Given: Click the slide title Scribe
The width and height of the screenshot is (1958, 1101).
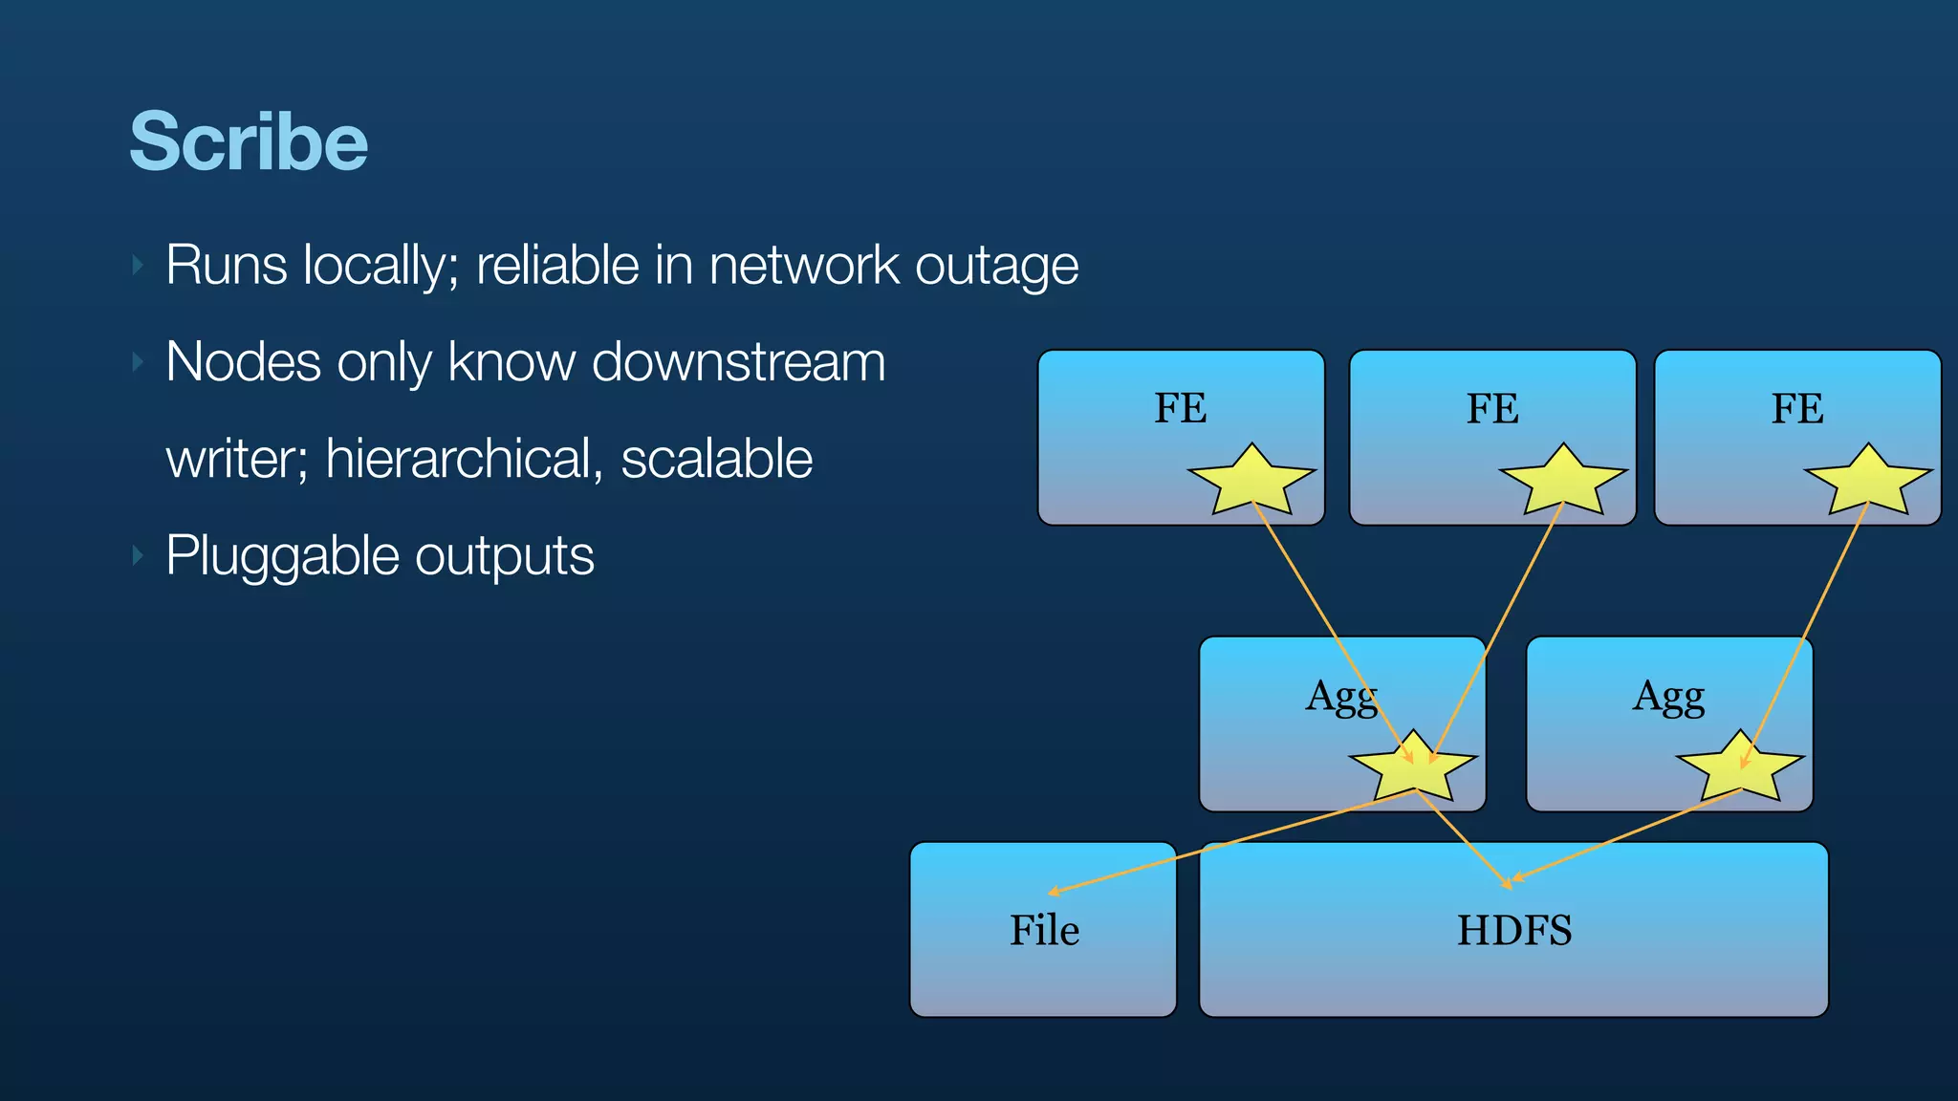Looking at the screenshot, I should [249, 141].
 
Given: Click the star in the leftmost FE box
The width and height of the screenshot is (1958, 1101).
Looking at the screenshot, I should [1251, 482].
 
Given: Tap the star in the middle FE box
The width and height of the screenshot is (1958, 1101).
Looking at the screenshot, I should [1563, 482].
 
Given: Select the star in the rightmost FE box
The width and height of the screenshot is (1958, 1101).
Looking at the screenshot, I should [1868, 482].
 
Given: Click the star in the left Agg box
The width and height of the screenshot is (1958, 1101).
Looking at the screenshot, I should [1413, 768].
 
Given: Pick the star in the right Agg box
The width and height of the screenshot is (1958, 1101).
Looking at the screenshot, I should [1740, 768].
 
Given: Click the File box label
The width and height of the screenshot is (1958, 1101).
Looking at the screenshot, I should [1044, 930].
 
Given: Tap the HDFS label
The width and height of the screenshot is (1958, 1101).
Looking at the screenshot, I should [1514, 930].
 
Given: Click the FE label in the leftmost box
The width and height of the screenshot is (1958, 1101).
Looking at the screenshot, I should [1181, 408].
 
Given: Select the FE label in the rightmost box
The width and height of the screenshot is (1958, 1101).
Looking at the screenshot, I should [1797, 408].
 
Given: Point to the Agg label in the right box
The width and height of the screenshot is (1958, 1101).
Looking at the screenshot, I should [1668, 697].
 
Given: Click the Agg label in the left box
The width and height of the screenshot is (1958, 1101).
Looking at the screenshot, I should [1340, 697].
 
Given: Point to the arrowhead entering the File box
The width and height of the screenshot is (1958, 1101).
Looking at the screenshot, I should [1053, 892].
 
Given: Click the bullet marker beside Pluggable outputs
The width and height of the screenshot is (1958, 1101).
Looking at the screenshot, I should [139, 555].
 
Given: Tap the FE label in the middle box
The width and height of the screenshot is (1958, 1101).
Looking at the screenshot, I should [1492, 408].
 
